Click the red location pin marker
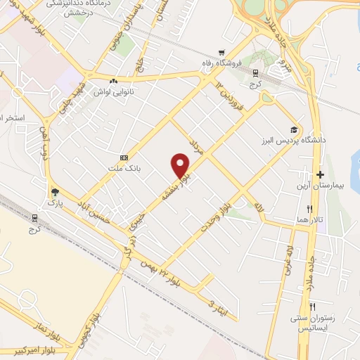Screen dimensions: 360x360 (181, 165)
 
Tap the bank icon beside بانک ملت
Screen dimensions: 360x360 (124, 157)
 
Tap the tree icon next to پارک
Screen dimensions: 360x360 (55, 191)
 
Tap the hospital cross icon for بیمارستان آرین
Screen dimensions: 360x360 (320, 174)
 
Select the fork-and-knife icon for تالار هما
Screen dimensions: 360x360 (309, 210)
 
